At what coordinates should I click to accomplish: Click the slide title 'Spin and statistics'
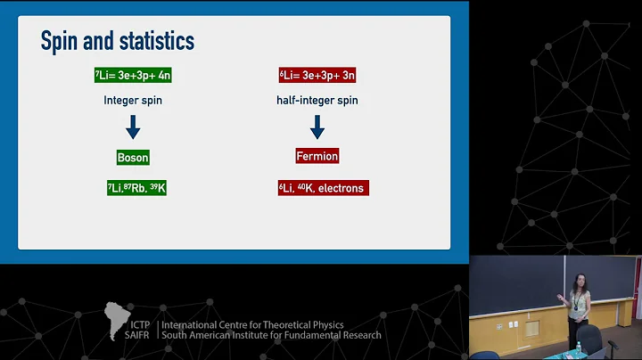117,41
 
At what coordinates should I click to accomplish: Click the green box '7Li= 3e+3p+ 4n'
133,76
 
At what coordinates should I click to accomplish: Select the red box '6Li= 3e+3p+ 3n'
317,76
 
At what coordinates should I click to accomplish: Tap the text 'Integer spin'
133,101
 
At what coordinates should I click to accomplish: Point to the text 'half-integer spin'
317,101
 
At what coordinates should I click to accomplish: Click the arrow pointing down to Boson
133,127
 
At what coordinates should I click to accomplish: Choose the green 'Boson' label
133,157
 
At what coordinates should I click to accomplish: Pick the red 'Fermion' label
317,156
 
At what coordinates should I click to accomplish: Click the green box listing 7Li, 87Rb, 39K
136,188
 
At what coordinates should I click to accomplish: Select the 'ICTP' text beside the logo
139,325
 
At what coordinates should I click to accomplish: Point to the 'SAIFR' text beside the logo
140,336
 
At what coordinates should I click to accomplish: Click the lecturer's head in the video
580,282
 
